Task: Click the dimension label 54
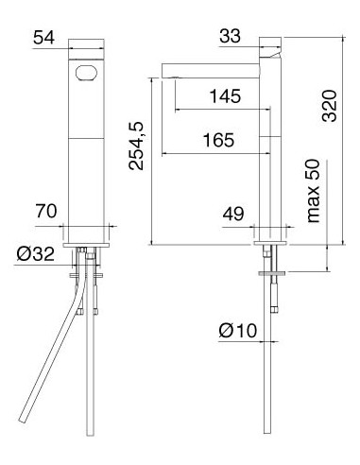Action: click(x=43, y=38)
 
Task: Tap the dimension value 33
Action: click(x=230, y=36)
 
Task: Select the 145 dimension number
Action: click(x=225, y=96)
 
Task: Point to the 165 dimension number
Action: click(x=218, y=140)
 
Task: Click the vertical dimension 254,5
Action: click(x=136, y=146)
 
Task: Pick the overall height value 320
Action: click(x=330, y=106)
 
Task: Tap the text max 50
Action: click(x=313, y=191)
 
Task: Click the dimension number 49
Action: click(x=233, y=214)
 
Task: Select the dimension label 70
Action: click(x=46, y=211)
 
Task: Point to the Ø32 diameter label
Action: click(x=36, y=253)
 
